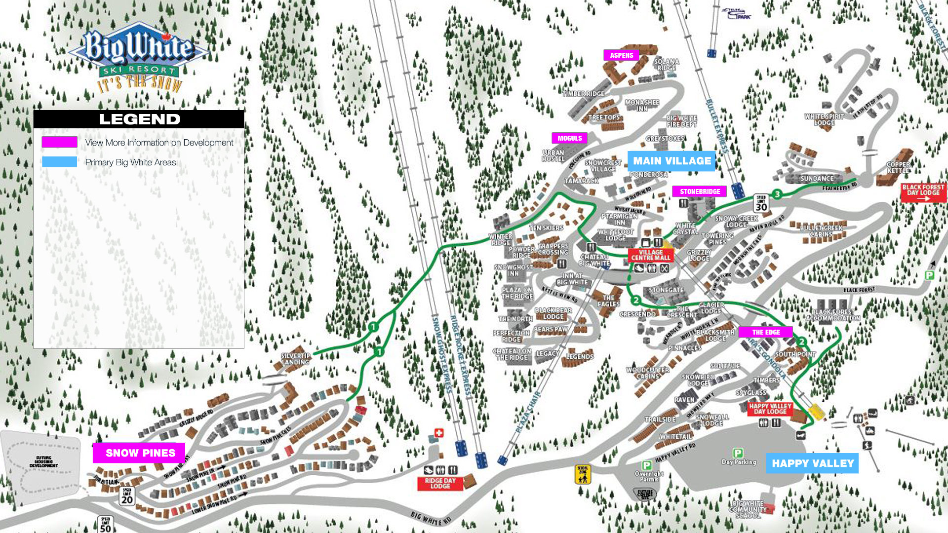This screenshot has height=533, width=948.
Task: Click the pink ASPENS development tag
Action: [x=621, y=55]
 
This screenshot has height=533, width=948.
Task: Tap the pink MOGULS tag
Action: [x=569, y=138]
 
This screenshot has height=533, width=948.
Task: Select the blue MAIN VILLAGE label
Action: [x=671, y=161]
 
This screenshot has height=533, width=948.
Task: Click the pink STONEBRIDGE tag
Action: [x=699, y=191]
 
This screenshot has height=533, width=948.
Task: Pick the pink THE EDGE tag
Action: [x=766, y=332]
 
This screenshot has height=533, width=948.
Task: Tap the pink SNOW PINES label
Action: [x=139, y=453]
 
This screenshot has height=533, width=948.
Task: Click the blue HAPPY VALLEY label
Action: [x=812, y=463]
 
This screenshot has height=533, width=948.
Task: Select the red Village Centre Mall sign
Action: [x=650, y=255]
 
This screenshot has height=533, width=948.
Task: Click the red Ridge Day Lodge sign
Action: [x=440, y=484]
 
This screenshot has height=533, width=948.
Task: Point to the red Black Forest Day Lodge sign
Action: [x=923, y=192]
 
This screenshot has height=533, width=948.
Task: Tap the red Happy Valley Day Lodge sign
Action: [x=770, y=409]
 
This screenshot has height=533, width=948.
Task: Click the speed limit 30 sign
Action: [x=761, y=204]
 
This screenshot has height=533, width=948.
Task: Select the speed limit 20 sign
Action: [x=127, y=496]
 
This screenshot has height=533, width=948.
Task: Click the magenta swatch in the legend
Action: [x=59, y=142]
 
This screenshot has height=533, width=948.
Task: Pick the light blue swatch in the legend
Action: [x=59, y=162]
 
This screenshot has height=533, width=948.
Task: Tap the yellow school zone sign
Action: [x=583, y=474]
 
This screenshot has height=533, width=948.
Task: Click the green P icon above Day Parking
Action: [x=738, y=453]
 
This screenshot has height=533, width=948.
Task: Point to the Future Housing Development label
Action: [x=43, y=461]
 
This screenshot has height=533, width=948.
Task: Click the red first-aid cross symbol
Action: [x=438, y=433]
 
